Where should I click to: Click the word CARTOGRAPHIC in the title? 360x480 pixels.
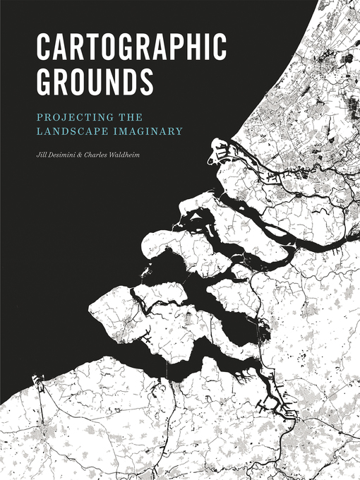131,47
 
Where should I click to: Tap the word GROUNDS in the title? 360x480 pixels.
95,81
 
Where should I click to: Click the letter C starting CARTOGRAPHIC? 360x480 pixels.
44,47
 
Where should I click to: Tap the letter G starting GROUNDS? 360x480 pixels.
45,81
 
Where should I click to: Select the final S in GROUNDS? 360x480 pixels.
145,81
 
